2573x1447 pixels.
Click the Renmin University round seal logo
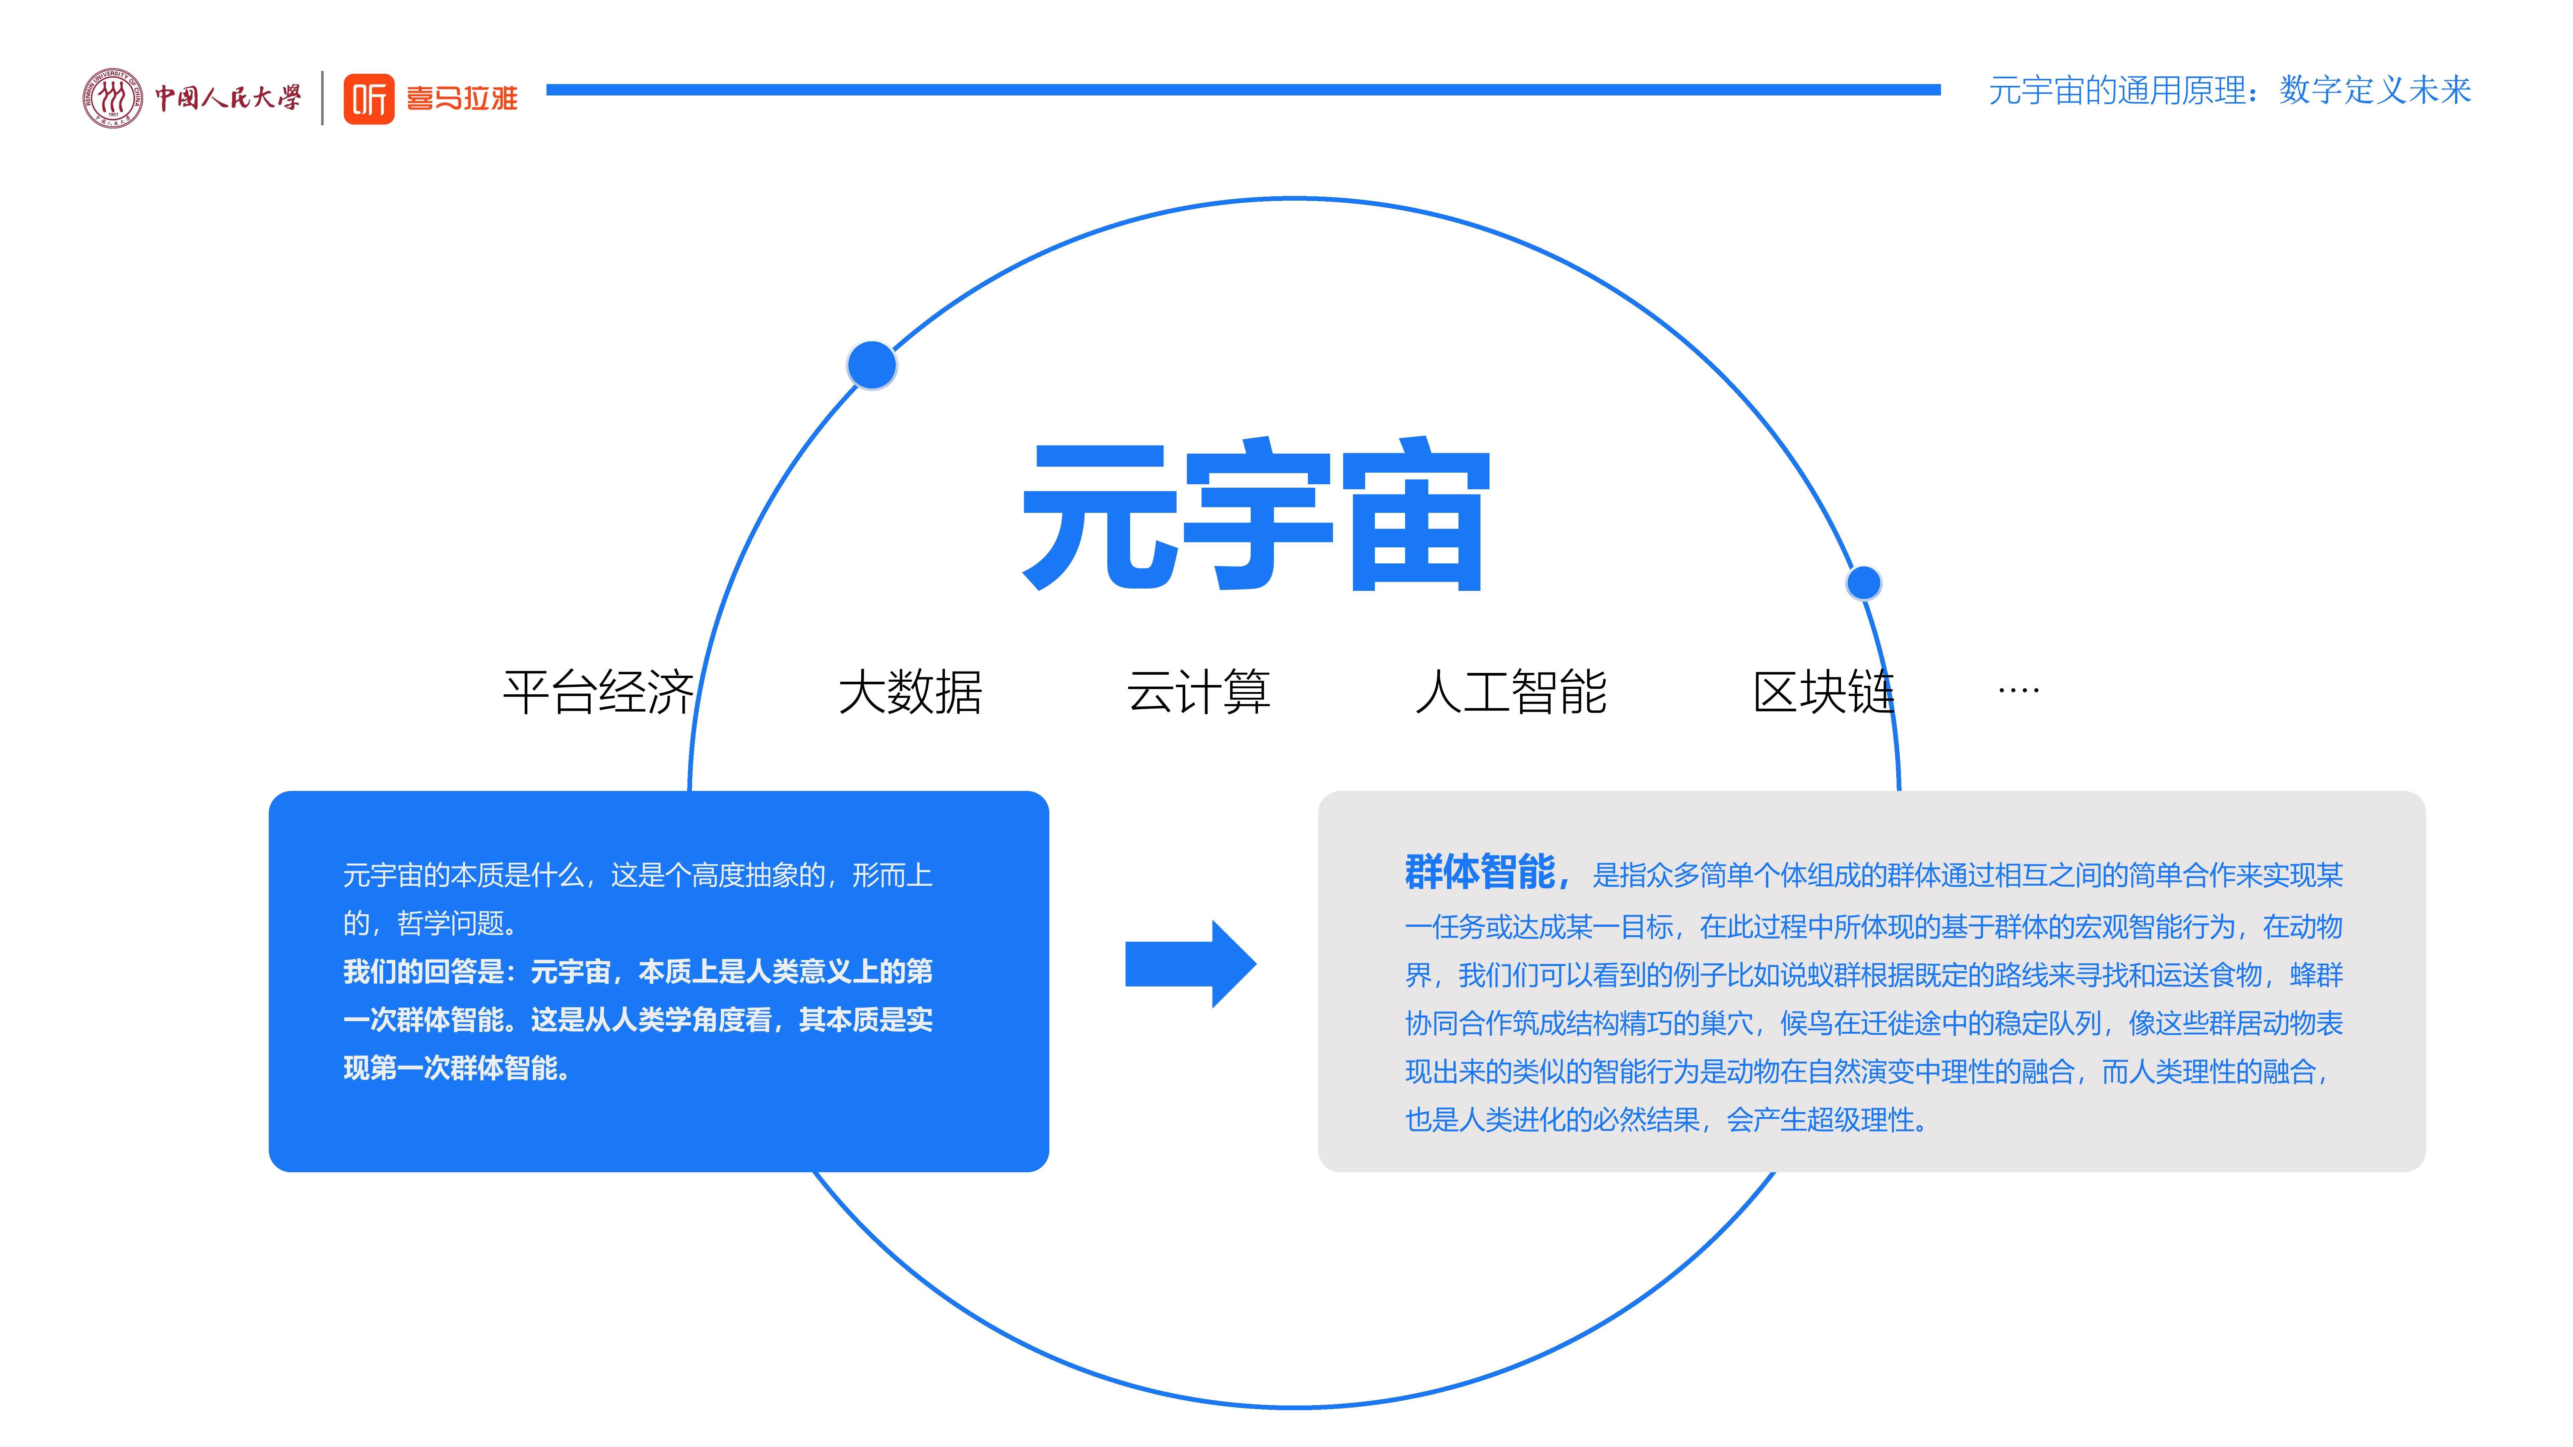(112, 98)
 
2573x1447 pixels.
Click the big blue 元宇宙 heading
(1256, 514)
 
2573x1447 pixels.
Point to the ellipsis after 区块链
(2019, 690)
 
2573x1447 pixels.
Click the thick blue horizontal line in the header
(1244, 90)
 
